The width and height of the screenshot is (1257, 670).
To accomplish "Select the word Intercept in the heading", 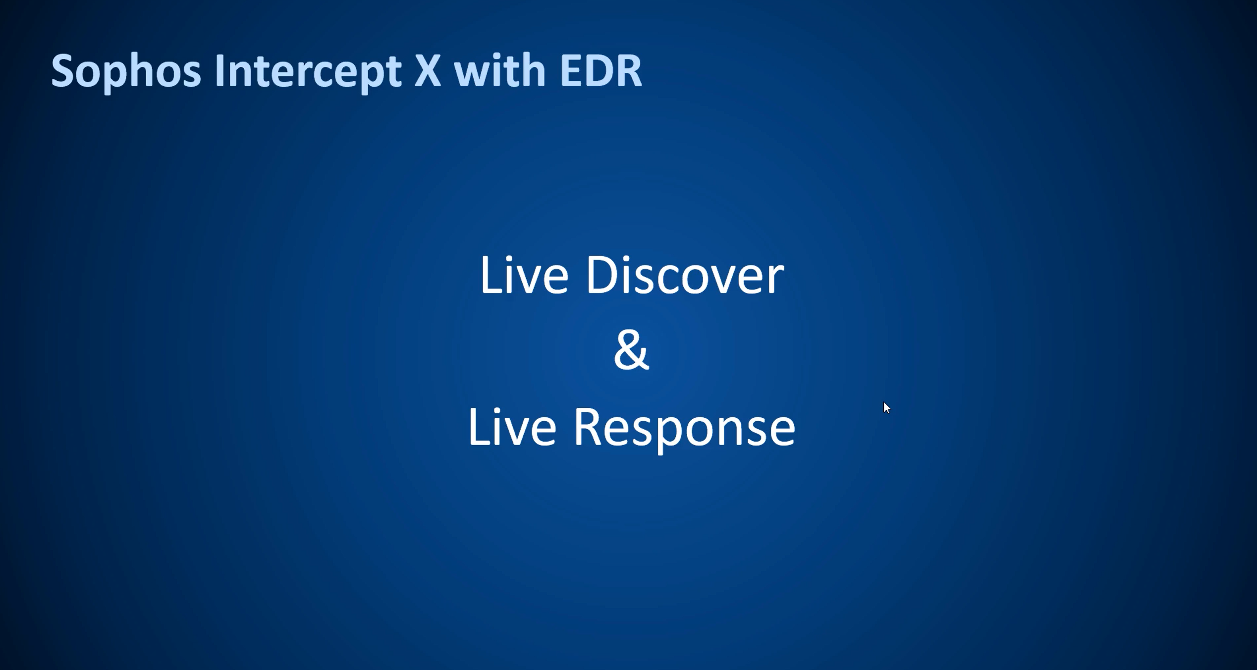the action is click(x=308, y=71).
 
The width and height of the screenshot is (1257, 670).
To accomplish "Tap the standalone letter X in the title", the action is click(x=427, y=71).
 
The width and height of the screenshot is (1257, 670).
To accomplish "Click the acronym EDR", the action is click(x=601, y=71).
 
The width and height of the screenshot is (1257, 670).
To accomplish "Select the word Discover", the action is click(x=685, y=275).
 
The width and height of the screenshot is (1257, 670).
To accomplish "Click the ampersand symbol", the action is click(x=631, y=350).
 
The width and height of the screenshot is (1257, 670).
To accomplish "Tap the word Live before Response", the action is click(x=512, y=427).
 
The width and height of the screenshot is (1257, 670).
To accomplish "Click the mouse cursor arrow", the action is click(x=886, y=408).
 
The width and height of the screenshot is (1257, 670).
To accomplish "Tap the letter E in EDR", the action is click(x=571, y=71).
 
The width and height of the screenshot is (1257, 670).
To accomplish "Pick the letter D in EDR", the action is click(x=598, y=71).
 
